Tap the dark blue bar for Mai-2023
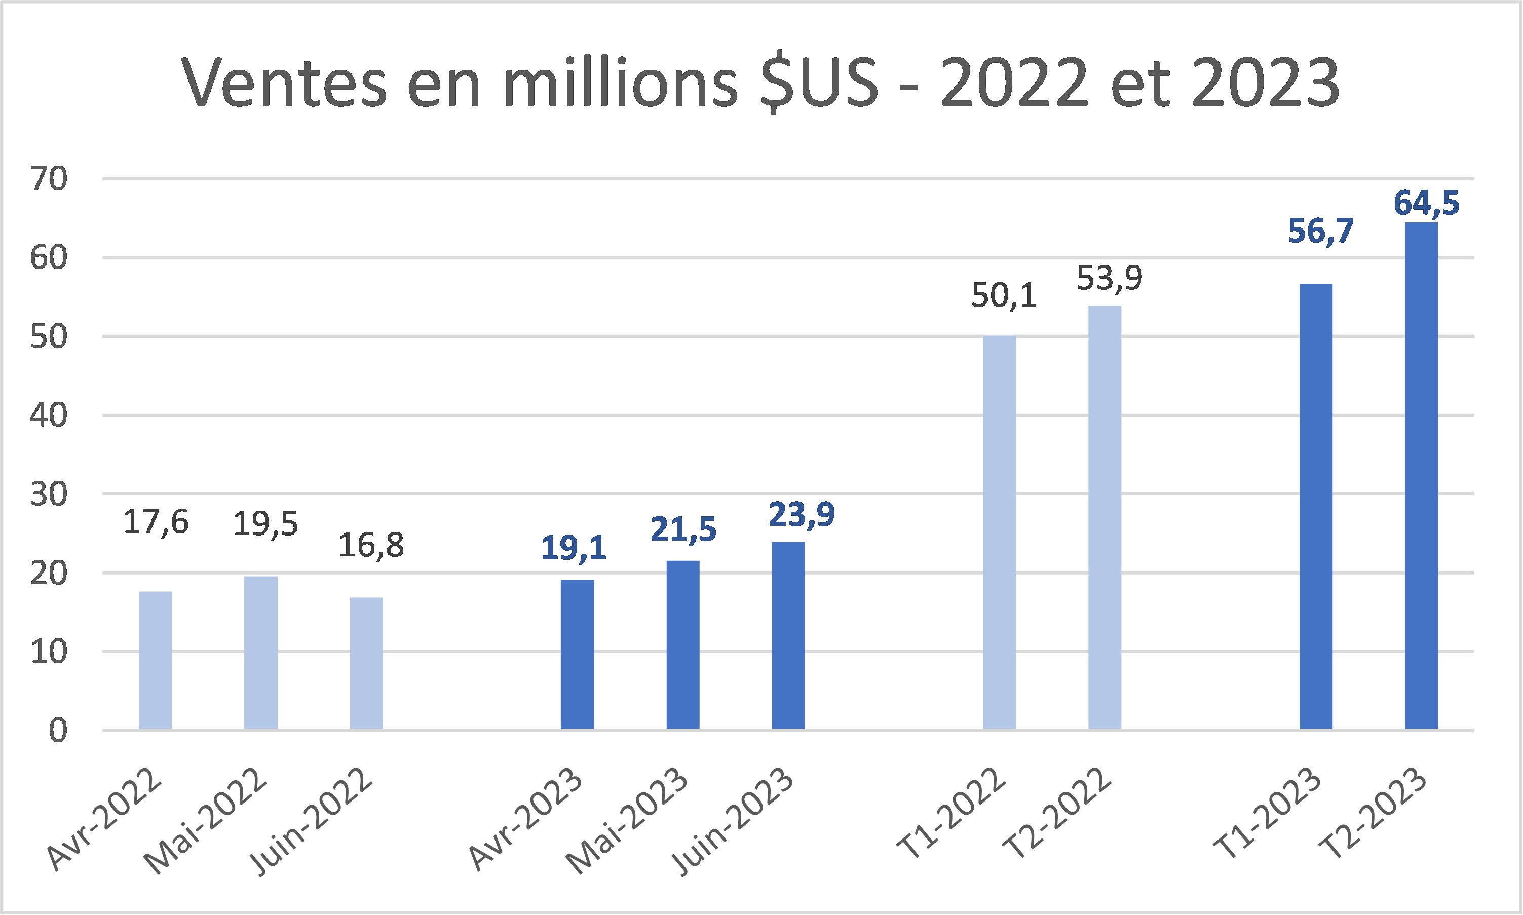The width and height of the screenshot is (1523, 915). pyautogui.click(x=682, y=645)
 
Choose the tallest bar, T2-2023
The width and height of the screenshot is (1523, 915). pyautogui.click(x=1421, y=476)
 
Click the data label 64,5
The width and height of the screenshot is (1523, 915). pyautogui.click(x=1426, y=203)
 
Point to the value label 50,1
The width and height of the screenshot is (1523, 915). pyautogui.click(x=1004, y=295)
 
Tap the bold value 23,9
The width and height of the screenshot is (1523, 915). pyautogui.click(x=801, y=514)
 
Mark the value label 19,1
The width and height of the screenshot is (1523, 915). pyautogui.click(x=574, y=548)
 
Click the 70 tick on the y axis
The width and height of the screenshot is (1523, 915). pyautogui.click(x=49, y=179)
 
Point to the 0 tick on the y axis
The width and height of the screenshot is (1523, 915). pyautogui.click(x=58, y=731)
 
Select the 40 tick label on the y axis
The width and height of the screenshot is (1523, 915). pyautogui.click(x=49, y=415)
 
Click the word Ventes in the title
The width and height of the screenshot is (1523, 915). pyautogui.click(x=284, y=83)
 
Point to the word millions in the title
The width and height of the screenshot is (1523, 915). pyautogui.click(x=620, y=83)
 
